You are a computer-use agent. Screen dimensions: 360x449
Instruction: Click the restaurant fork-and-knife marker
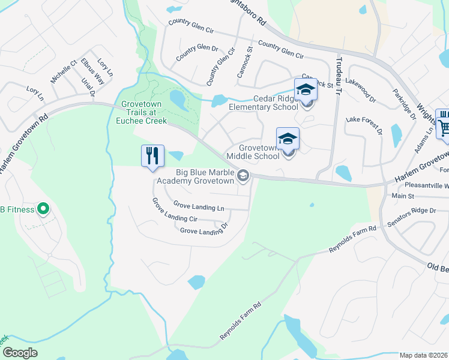(152, 155)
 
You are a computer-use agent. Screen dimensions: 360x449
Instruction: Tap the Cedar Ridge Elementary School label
(264, 103)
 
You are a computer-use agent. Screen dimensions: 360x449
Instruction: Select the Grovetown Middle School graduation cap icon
(288, 139)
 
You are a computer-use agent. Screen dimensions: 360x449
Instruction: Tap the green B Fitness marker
(43, 209)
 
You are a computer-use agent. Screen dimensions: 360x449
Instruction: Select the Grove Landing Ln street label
(199, 207)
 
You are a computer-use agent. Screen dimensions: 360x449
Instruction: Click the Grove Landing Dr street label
(204, 230)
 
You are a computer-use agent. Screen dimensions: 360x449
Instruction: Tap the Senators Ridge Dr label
(412, 211)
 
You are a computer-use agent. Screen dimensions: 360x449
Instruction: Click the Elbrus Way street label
(93, 71)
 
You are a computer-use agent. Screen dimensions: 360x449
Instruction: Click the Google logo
(20, 353)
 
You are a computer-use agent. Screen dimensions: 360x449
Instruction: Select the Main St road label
(403, 196)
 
